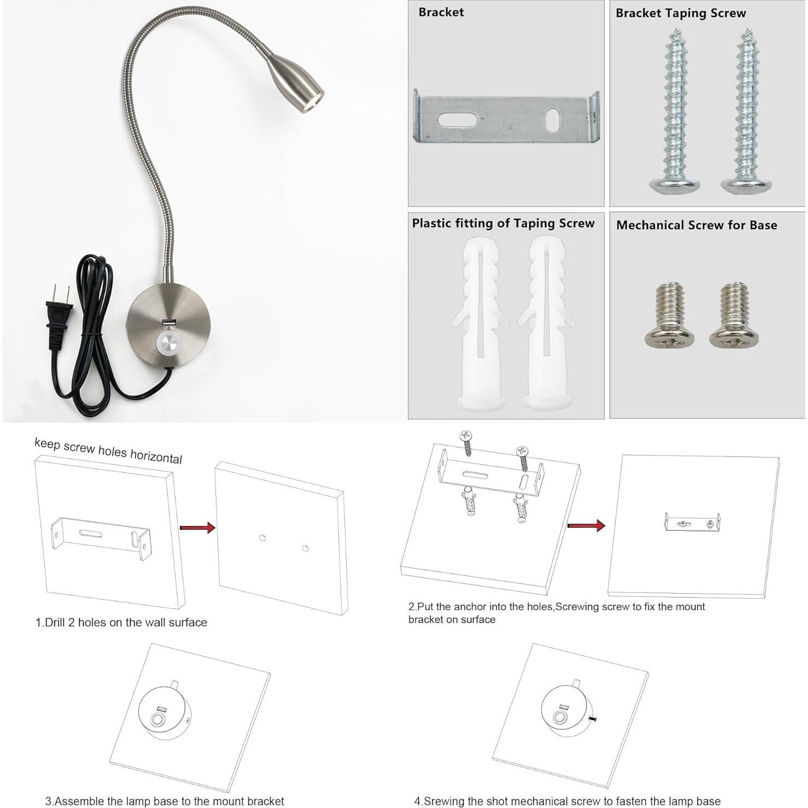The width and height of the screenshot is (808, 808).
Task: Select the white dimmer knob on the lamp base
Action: point(169,344)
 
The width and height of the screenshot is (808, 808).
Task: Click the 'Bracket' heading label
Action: point(441,12)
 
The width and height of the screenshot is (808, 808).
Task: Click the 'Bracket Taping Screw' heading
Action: point(680,13)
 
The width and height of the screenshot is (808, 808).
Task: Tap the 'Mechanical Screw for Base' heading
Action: point(696,225)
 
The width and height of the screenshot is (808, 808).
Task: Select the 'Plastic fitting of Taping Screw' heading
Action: point(503,223)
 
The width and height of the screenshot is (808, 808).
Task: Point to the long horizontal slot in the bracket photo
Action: point(458,119)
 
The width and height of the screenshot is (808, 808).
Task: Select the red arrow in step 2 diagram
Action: point(586,526)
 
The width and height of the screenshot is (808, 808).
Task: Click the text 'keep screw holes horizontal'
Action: point(108,450)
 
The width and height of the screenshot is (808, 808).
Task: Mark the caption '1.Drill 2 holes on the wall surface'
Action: point(121,622)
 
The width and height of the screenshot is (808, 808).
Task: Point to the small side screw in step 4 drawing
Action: point(593,719)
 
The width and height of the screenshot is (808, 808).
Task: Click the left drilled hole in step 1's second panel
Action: point(262,538)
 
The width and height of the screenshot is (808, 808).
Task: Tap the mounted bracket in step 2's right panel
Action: point(692,523)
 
